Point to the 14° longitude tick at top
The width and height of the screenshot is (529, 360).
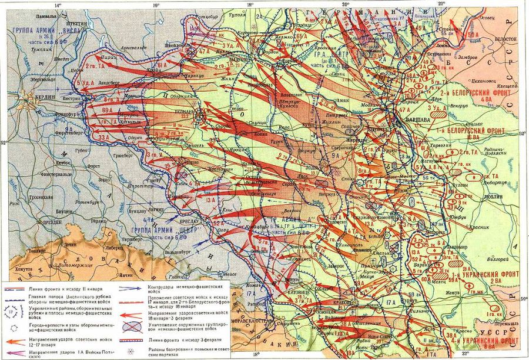pos(57,5)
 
